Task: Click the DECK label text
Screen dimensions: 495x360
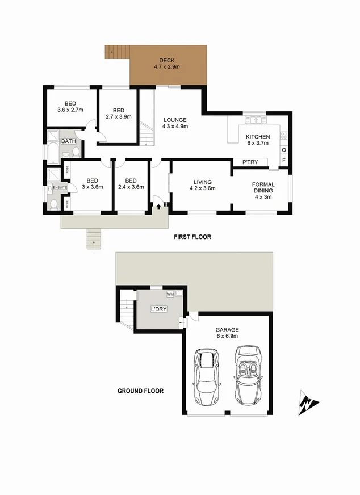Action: click(166, 60)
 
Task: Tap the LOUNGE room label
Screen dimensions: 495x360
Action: click(175, 120)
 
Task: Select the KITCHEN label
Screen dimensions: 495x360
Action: click(257, 137)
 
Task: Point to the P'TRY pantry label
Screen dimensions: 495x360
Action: click(250, 162)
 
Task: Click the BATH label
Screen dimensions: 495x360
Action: click(69, 141)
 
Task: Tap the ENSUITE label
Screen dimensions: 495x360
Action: click(60, 187)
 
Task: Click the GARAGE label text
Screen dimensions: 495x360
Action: click(227, 330)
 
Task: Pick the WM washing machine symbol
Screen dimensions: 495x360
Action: click(170, 295)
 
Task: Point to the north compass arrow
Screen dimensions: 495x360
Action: click(307, 404)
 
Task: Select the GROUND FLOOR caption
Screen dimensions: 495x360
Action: click(140, 391)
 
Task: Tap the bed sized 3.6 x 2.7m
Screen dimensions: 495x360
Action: click(70, 106)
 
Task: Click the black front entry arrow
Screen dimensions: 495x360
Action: click(158, 206)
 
